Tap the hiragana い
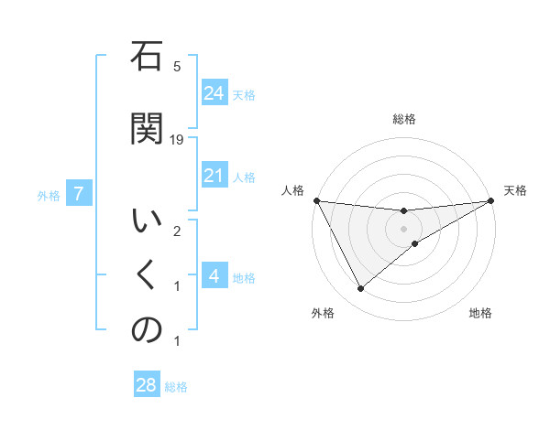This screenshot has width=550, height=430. click(147, 223)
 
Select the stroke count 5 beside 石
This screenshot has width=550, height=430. click(177, 67)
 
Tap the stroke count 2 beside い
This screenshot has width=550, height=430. click(177, 231)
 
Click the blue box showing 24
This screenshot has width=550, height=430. click(214, 92)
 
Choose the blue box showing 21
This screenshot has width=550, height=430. click(214, 176)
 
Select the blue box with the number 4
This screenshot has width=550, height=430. click(214, 276)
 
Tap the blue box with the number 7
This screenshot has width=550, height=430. click(80, 194)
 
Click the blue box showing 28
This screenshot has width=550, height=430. click(146, 385)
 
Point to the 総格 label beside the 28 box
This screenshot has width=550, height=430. click(176, 387)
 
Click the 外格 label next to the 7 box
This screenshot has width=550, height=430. click(49, 195)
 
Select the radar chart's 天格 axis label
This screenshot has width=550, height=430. click(516, 190)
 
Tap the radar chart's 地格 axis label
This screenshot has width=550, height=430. click(480, 313)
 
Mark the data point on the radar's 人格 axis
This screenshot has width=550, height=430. click(317, 200)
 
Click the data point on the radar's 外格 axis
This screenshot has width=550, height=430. click(360, 289)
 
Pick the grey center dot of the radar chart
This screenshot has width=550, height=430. click(404, 228)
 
